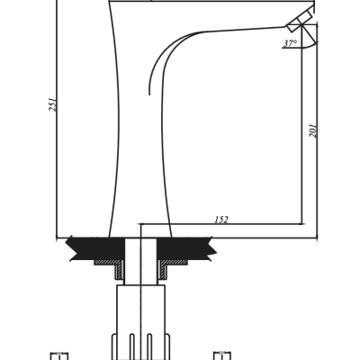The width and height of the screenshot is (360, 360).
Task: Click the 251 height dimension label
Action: point(53,104)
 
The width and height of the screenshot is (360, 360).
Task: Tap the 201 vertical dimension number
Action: point(313,130)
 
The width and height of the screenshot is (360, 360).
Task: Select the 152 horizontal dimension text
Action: point(221,220)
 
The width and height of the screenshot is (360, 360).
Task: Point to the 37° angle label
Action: point(291,43)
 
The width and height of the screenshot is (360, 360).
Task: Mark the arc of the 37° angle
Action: point(309,47)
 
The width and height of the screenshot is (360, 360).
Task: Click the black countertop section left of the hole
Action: point(96,248)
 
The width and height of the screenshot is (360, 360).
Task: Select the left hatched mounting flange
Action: point(110,267)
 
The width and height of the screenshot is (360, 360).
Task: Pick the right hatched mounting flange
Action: point(173,267)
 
